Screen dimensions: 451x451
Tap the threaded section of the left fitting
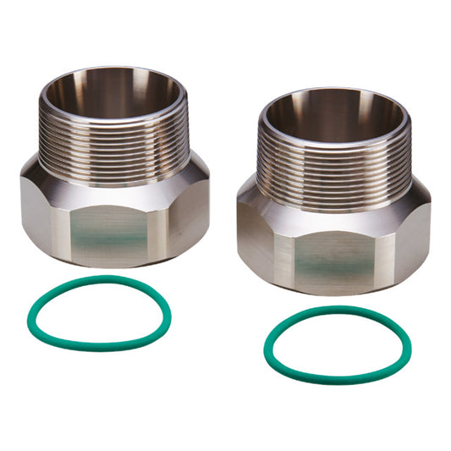114,135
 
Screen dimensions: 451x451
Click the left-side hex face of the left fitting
38,212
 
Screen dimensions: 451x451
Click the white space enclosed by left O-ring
97,313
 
